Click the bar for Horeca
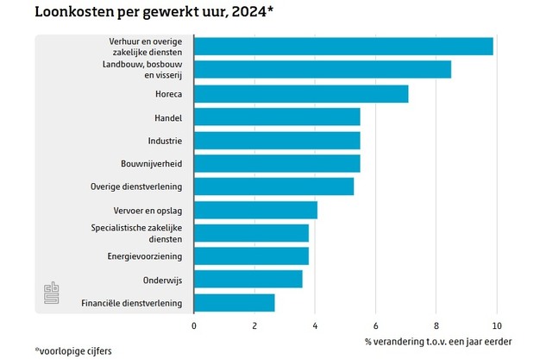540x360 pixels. tap(301, 93)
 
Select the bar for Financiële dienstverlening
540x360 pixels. tap(235, 303)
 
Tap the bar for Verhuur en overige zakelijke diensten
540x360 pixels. tap(343, 47)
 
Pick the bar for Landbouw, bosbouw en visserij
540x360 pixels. tap(323, 70)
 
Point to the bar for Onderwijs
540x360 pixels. tap(248, 280)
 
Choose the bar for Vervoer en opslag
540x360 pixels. tap(255, 210)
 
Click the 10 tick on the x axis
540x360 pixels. tap(496, 325)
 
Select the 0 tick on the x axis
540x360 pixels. tap(194, 325)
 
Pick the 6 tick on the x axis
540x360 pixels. tap(375, 325)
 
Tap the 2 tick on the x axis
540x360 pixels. tap(254, 325)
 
